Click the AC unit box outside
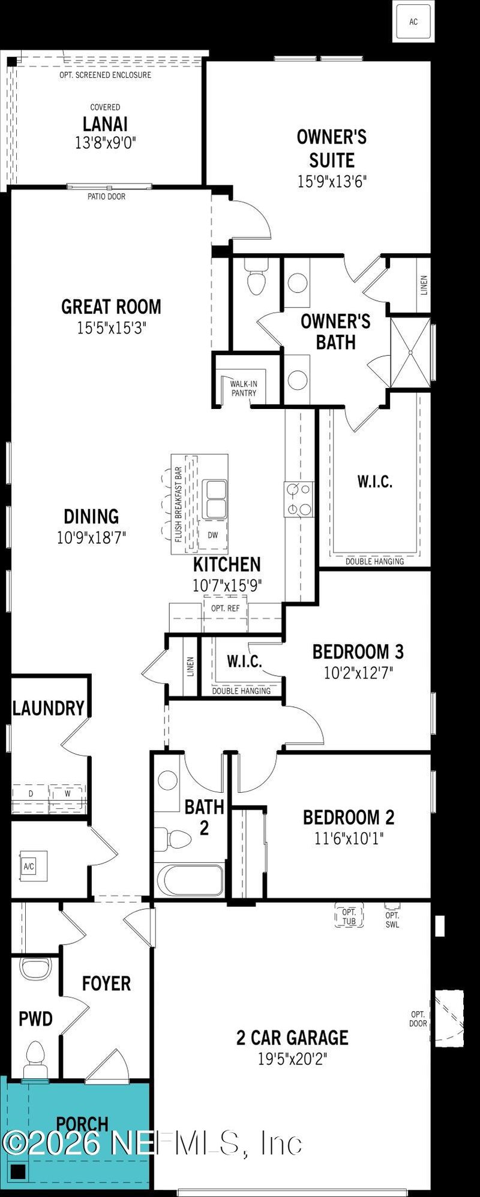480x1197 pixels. point(413,22)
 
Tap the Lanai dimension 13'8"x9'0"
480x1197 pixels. point(105,143)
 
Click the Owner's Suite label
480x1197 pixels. point(332,148)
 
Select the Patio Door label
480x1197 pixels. point(107,196)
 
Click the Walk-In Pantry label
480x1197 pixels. point(243,388)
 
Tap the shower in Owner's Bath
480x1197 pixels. point(410,353)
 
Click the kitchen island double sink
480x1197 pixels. point(214,499)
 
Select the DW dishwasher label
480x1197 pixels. point(213,535)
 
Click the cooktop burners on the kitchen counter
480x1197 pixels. point(299,499)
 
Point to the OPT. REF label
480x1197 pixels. point(225,608)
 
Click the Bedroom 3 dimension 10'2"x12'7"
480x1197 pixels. point(358,672)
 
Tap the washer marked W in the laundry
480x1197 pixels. point(68,793)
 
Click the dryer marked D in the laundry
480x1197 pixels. point(31,793)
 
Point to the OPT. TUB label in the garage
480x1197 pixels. point(349,916)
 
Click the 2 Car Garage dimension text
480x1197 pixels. point(293,1059)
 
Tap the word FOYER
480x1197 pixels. point(106,984)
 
